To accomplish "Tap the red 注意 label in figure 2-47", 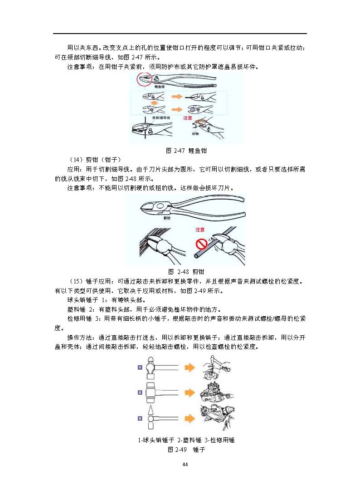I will (x=188, y=117).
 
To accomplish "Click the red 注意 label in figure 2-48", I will (x=201, y=230).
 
